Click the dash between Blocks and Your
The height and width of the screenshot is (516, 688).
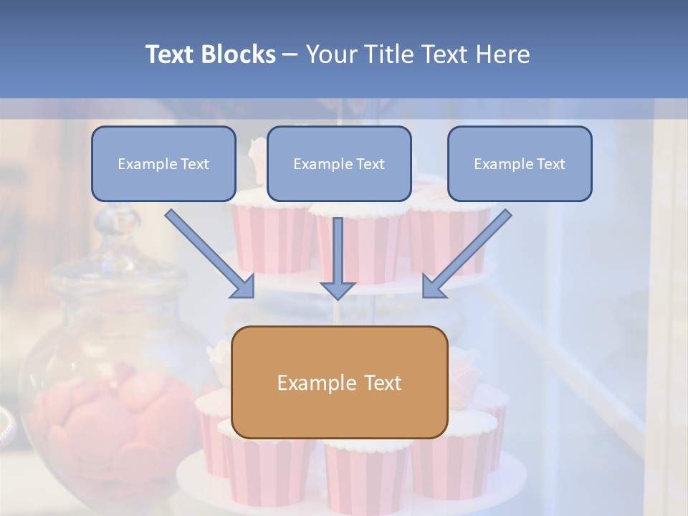[290, 55]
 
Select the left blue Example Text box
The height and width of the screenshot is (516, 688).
[163, 163]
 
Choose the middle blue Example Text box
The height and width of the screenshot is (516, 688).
[339, 163]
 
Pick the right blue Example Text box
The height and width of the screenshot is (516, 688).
[520, 163]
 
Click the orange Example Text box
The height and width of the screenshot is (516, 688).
[339, 382]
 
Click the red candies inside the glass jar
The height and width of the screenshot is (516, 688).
[107, 423]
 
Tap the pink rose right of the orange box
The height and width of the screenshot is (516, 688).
[466, 369]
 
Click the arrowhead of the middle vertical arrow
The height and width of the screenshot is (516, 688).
[338, 290]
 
